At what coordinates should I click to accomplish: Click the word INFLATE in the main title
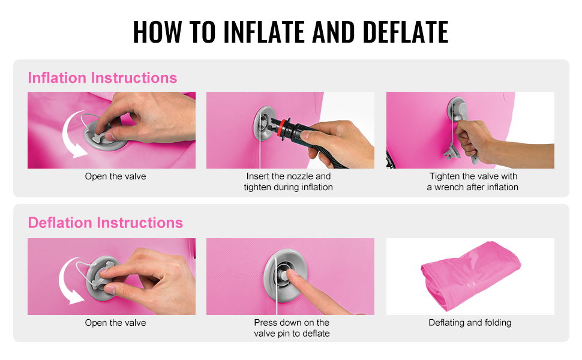click(265, 32)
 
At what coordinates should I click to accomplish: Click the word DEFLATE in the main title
click(406, 32)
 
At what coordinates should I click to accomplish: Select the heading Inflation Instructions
click(103, 78)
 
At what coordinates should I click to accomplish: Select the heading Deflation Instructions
click(106, 223)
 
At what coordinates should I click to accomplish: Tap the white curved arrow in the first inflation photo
click(68, 137)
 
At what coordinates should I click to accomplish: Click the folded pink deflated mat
click(470, 275)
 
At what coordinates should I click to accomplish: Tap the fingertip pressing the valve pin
click(292, 275)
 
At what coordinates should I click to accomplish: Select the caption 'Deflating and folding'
click(470, 323)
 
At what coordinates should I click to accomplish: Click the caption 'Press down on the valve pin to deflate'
click(292, 328)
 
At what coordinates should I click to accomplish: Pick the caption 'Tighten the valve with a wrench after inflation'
click(473, 181)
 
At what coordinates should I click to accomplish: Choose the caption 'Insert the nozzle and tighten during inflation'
click(289, 181)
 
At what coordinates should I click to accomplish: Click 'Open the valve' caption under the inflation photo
click(115, 176)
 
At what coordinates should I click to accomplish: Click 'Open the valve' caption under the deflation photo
click(115, 323)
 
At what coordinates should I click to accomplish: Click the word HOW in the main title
click(157, 32)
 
